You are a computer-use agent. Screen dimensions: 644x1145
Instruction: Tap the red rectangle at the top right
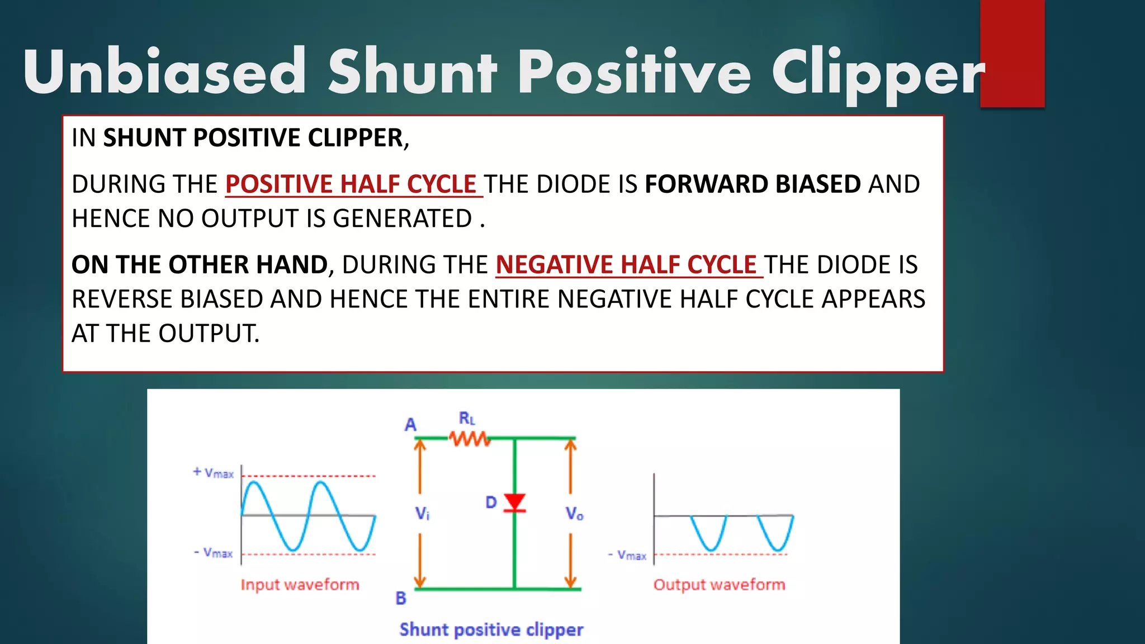(x=1012, y=53)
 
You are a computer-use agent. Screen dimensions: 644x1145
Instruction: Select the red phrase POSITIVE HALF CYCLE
(x=351, y=184)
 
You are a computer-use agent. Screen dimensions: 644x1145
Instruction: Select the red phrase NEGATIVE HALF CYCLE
(x=626, y=265)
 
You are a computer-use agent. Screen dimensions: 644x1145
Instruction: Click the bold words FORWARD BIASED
(x=753, y=184)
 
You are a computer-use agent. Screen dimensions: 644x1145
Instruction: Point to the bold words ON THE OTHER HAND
(x=200, y=265)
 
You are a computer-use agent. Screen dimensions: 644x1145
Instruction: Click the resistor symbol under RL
(x=470, y=439)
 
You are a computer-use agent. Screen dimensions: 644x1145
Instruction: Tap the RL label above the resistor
(x=467, y=418)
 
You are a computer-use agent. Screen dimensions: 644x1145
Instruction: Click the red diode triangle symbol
(x=514, y=502)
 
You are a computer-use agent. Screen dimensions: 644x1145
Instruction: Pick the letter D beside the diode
(x=491, y=502)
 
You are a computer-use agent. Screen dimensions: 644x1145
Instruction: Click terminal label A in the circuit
(x=410, y=425)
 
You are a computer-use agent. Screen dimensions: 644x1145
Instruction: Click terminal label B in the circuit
(x=401, y=598)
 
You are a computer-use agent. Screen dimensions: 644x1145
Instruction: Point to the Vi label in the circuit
(x=422, y=513)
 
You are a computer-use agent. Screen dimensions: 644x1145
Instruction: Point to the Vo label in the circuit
(x=574, y=513)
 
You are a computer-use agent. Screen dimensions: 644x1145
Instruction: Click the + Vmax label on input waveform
(x=213, y=473)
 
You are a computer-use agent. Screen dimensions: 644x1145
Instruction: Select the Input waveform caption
(x=300, y=585)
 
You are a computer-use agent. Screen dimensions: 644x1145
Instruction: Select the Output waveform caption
(x=719, y=585)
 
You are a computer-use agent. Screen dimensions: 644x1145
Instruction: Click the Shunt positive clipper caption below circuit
(x=491, y=629)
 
